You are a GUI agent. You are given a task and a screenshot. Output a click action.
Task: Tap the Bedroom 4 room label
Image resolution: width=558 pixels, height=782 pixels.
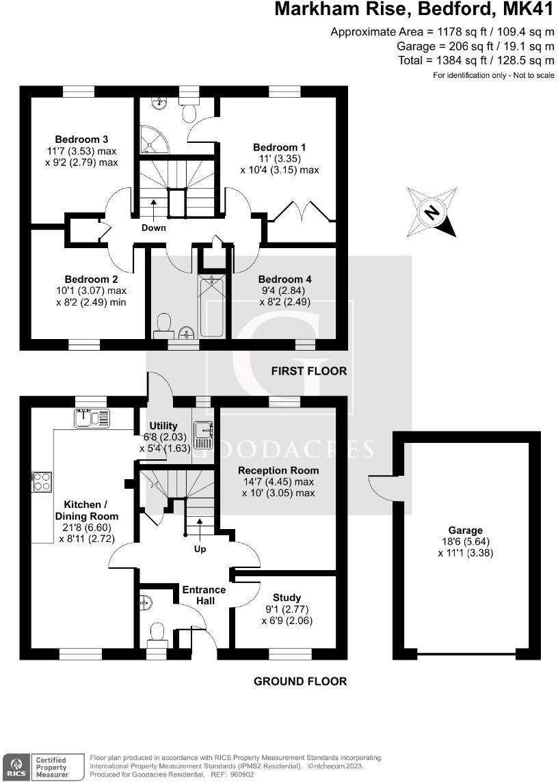[x=285, y=279]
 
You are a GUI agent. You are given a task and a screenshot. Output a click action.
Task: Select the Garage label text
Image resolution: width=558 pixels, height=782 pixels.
[x=466, y=530]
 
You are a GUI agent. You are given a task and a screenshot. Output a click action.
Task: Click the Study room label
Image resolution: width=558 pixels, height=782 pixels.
[x=286, y=597]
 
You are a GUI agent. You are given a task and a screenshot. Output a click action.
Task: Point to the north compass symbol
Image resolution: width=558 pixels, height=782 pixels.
[x=432, y=212]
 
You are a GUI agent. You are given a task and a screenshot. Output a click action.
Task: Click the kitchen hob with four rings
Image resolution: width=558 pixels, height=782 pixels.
[x=41, y=482]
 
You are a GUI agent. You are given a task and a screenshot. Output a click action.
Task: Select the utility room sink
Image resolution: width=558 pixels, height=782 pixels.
[x=203, y=430]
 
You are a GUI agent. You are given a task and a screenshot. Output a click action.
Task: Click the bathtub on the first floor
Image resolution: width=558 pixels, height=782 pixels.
[x=212, y=305]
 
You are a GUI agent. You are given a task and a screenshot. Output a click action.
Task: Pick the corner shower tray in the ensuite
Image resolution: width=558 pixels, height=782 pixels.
[x=154, y=141]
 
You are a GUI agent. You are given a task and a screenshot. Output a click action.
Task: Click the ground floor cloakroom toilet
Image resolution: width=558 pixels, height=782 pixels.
[x=157, y=634]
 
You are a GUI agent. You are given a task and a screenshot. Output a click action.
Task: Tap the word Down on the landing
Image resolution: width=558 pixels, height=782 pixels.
[x=154, y=228]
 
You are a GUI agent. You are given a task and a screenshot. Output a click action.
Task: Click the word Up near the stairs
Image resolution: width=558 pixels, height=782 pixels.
[x=200, y=548]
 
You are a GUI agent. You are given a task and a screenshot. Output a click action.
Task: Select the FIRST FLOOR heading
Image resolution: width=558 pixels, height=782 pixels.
[x=308, y=371]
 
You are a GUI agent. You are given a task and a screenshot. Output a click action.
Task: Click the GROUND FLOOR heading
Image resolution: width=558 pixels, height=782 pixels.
[x=300, y=681]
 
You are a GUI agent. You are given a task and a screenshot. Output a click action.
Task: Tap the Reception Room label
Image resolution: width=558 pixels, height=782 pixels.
[x=278, y=470]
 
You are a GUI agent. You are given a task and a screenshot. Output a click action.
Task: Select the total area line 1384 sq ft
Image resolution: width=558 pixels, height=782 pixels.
[x=476, y=60]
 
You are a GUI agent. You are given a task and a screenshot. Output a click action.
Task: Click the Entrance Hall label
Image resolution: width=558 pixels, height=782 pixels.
[x=204, y=595]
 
